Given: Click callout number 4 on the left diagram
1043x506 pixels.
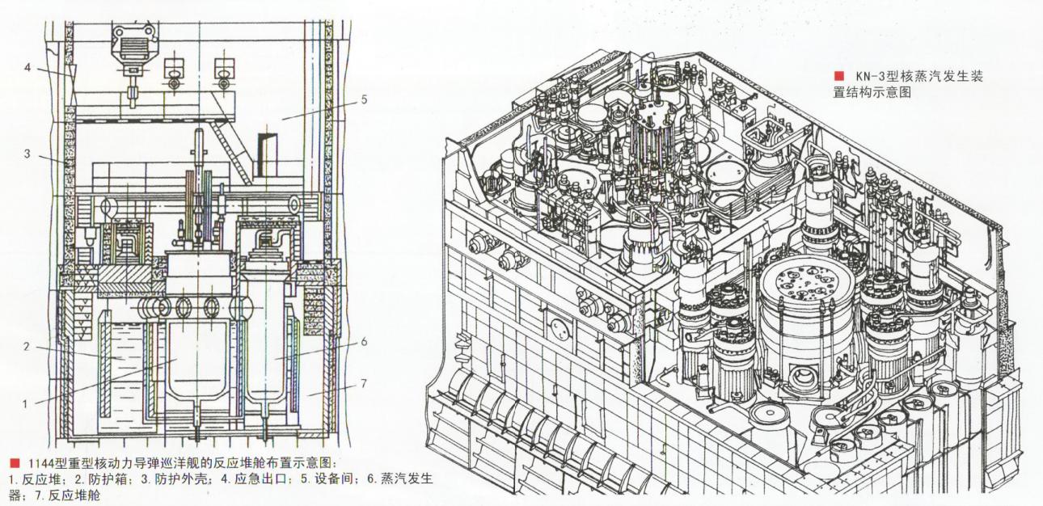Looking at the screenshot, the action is point(27,68).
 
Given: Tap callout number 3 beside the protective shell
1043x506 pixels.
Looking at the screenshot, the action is point(27,153).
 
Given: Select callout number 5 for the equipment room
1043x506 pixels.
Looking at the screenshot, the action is point(364,99).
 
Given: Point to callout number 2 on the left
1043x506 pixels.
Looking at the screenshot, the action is point(27,347).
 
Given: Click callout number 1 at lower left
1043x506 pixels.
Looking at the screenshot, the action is point(26,404).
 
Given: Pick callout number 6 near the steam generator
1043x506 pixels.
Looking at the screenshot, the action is point(364,342).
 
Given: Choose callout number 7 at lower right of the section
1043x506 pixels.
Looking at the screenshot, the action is point(364,384).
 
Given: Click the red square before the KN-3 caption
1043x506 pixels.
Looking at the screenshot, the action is point(839,76).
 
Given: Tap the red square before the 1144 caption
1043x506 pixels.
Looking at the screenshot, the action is point(15,463).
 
